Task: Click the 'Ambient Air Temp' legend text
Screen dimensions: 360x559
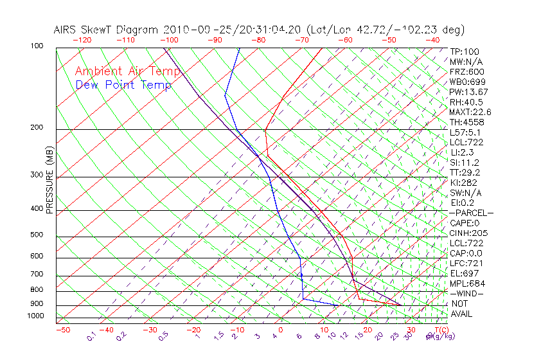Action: click(x=127, y=71)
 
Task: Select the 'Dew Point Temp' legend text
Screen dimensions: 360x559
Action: click(x=123, y=85)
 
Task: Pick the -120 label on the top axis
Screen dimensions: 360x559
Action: click(x=82, y=40)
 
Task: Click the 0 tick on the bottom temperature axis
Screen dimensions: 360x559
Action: click(x=281, y=330)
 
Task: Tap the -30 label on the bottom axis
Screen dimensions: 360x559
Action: click(x=150, y=330)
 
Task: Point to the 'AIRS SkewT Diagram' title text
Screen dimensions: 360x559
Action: click(x=107, y=30)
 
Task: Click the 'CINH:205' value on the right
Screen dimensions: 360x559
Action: click(x=468, y=233)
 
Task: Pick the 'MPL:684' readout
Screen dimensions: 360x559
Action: click(x=467, y=283)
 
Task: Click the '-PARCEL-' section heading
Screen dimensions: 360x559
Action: click(x=471, y=213)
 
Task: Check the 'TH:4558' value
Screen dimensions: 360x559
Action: click(x=467, y=122)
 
